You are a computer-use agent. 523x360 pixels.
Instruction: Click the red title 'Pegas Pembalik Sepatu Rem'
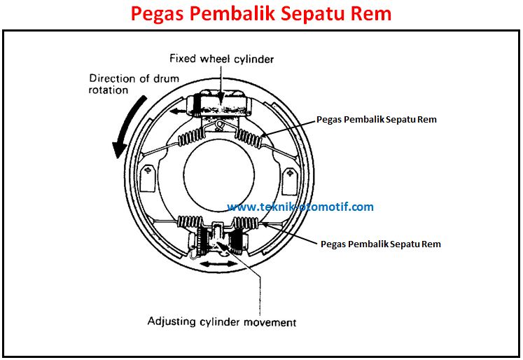[262, 13]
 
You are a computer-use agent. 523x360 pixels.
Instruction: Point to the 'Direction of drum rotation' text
[132, 84]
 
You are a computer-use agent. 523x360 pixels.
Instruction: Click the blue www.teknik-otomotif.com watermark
[301, 207]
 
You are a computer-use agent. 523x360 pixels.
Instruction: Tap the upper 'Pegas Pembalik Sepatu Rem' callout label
[376, 119]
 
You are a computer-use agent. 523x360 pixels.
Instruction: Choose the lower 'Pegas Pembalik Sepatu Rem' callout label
[380, 244]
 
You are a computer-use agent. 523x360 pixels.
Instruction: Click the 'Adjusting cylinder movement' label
[221, 322]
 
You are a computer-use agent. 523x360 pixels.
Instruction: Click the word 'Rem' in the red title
[372, 13]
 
